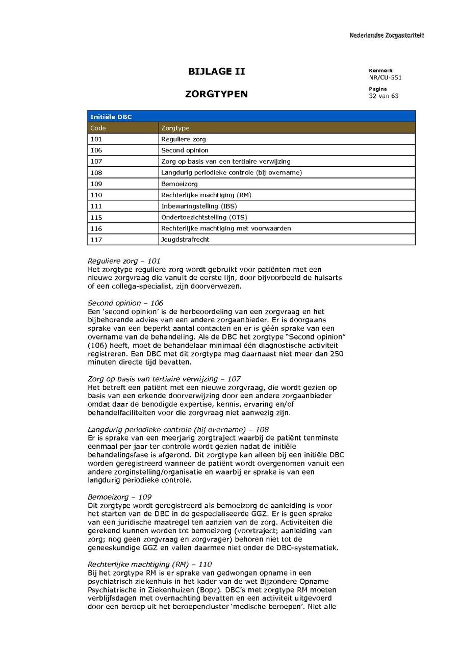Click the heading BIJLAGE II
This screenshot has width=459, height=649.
tap(216, 72)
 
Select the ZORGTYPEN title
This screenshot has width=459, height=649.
tap(216, 94)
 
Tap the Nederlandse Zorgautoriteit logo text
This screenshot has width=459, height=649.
tap(386, 35)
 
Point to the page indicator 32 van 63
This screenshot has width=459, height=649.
tap(384, 96)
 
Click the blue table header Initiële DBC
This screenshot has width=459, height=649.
tap(111, 117)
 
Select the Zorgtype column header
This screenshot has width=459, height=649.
tap(175, 128)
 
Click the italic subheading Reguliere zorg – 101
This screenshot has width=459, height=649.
tap(124, 261)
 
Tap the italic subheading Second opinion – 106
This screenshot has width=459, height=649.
tap(125, 303)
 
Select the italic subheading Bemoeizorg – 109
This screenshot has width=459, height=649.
tap(119, 497)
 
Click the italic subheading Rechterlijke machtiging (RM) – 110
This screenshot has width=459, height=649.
tap(149, 564)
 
